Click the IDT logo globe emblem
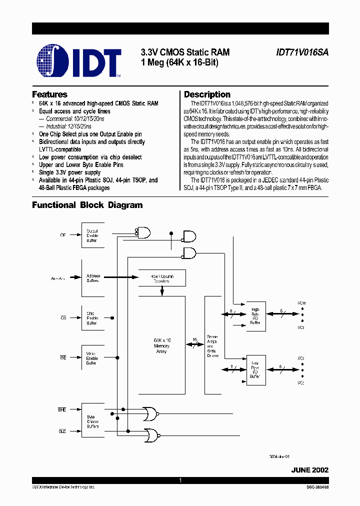tap(53, 62)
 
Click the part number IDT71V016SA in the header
tap(302, 52)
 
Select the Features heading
tap(49, 94)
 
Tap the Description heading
tap(207, 94)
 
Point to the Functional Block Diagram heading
tap(87, 205)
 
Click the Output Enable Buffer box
tap(92, 235)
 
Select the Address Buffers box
tap(92, 278)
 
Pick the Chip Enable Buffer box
tap(92, 318)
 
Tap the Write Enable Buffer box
tap(92, 358)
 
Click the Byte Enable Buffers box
tap(92, 421)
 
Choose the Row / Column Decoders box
tap(161, 278)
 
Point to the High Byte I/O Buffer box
tap(255, 316)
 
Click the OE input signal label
tap(62, 234)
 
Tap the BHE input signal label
tap(62, 409)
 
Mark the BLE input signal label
tap(62, 430)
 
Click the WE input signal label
tap(63, 356)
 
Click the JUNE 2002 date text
tap(310, 470)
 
